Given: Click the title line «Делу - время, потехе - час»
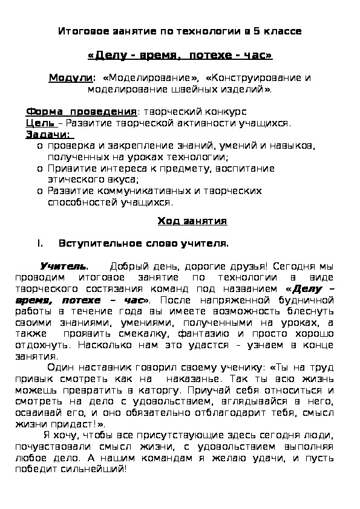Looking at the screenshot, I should click(x=180, y=56).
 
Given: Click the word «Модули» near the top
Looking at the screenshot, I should click(x=71, y=78).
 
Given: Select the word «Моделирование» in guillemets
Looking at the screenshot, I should click(x=151, y=78).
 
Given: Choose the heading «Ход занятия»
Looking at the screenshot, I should click(x=192, y=221).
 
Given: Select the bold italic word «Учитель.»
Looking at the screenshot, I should click(x=64, y=266).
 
